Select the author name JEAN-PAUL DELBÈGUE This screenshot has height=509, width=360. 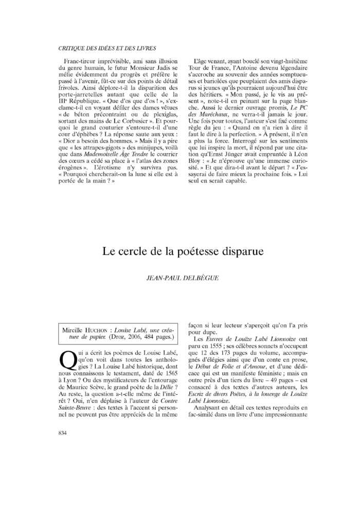tap(183, 278)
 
